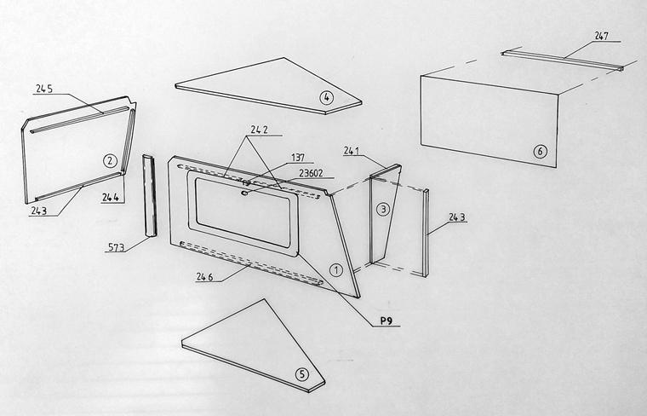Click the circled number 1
(336, 270)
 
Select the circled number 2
(109, 160)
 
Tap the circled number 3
(383, 210)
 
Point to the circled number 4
(326, 97)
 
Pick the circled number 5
(302, 375)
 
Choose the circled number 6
(540, 152)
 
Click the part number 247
(602, 36)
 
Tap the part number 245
(44, 89)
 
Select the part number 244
(111, 198)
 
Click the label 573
(116, 247)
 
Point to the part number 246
(204, 277)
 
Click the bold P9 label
(386, 321)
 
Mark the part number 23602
(311, 174)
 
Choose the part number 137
(298, 158)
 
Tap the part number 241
(351, 151)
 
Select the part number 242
(259, 130)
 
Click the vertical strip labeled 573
(149, 195)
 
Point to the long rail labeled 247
(563, 61)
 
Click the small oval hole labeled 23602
(244, 192)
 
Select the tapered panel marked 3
(385, 214)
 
